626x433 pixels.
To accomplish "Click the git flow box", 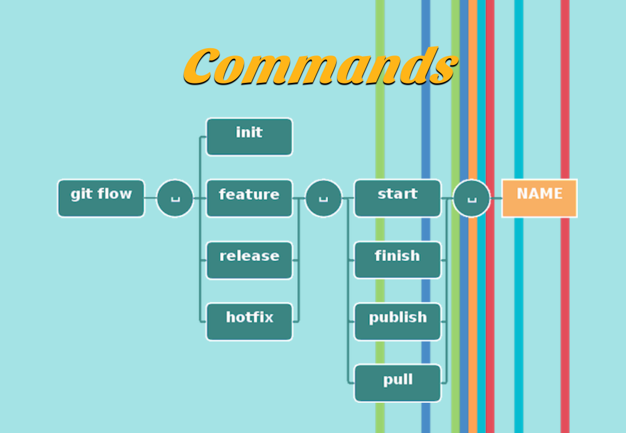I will tap(101, 198).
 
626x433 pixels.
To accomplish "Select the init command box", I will tap(249, 136).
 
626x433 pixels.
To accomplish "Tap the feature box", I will tap(249, 198).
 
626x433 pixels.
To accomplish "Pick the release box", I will tap(249, 260).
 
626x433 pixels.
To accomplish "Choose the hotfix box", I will tap(249, 322).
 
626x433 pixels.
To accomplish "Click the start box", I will tap(397, 198).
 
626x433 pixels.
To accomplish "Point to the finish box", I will tap(397, 260).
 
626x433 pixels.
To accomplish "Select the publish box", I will tap(397, 322).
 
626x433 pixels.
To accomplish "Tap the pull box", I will tap(397, 383).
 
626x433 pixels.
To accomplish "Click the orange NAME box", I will tap(539, 198).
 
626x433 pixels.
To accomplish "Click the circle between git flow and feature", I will tap(175, 198).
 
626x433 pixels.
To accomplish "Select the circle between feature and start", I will tap(323, 198).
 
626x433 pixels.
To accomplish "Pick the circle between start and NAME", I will tap(471, 198).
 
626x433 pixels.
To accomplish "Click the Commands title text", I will tap(320, 66).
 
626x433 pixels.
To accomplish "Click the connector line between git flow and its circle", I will tap(150, 198).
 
